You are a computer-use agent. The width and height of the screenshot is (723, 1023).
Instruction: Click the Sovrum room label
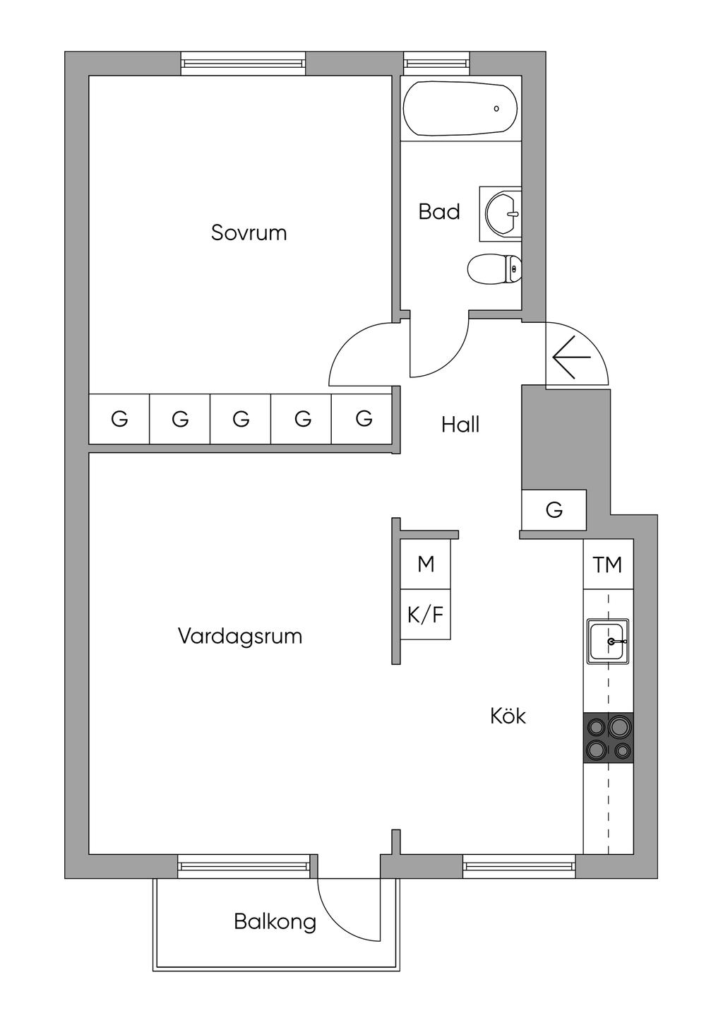(249, 233)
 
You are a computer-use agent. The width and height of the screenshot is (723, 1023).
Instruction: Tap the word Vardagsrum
(240, 636)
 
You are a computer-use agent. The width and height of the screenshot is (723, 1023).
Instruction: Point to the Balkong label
(275, 922)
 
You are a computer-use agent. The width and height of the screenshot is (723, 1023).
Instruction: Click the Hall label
(460, 425)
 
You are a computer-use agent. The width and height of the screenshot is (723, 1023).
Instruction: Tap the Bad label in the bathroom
(439, 212)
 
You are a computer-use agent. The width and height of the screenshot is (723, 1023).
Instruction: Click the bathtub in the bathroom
(460, 109)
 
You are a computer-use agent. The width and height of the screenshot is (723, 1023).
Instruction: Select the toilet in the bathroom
(495, 269)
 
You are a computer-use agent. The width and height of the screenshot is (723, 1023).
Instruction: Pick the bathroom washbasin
(501, 213)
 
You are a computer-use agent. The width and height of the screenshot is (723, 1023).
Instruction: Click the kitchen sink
(607, 641)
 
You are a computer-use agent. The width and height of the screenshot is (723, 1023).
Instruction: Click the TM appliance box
(608, 564)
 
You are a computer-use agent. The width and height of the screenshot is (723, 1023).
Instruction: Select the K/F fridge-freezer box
(426, 615)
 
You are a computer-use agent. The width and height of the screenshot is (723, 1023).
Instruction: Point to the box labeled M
(426, 564)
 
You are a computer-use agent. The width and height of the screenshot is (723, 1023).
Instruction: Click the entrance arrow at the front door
(571, 357)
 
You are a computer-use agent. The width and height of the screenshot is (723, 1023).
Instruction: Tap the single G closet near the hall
(554, 509)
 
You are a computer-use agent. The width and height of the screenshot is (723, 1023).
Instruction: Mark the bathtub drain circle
(496, 109)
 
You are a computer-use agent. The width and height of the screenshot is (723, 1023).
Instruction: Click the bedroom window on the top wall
(243, 63)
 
